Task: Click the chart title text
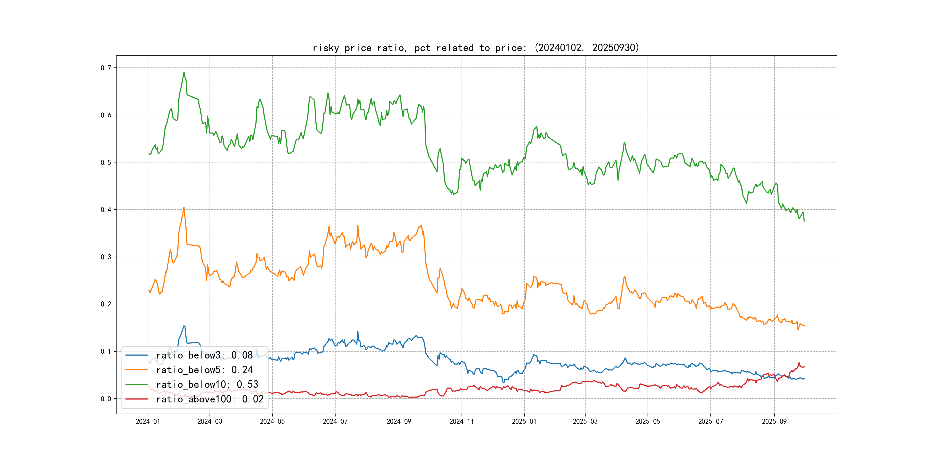(475, 48)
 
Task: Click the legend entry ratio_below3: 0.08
(204, 355)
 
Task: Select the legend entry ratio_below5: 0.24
(204, 370)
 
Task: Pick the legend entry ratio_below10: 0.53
(207, 385)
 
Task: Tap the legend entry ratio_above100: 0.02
(210, 399)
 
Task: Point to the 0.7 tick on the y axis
(106, 68)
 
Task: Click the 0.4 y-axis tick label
(106, 210)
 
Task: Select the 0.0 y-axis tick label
(106, 399)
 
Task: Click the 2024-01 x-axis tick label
(148, 421)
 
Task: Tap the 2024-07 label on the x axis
(335, 421)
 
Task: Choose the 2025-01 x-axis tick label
(524, 421)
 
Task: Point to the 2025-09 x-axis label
(774, 421)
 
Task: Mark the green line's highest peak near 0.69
(184, 72)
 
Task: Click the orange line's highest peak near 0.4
(184, 208)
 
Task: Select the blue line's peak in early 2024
(184, 326)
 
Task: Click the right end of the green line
(804, 221)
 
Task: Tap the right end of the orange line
(804, 326)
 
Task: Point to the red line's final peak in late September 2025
(799, 363)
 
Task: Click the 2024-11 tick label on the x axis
(461, 421)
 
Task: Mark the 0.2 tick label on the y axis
(106, 304)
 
